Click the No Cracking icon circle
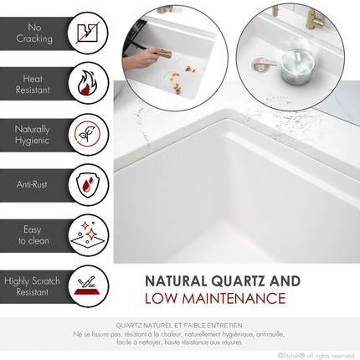pyautogui.click(x=87, y=33)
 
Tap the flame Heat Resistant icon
pyautogui.click(x=87, y=84)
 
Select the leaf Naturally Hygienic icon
pyautogui.click(x=87, y=134)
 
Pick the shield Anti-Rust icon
pyautogui.click(x=87, y=183)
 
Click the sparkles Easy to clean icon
pyautogui.click(x=87, y=234)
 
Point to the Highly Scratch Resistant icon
pyautogui.click(x=87, y=285)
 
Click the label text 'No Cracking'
pyautogui.click(x=34, y=33)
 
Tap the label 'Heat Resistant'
pyautogui.click(x=34, y=84)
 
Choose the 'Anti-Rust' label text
pyautogui.click(x=34, y=183)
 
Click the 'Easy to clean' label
pyautogui.click(x=34, y=234)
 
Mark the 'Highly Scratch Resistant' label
pyautogui.click(x=32, y=286)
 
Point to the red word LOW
pyautogui.click(x=164, y=299)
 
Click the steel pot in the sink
pyautogui.click(x=296, y=66)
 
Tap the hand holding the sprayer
pyautogui.click(x=136, y=59)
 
